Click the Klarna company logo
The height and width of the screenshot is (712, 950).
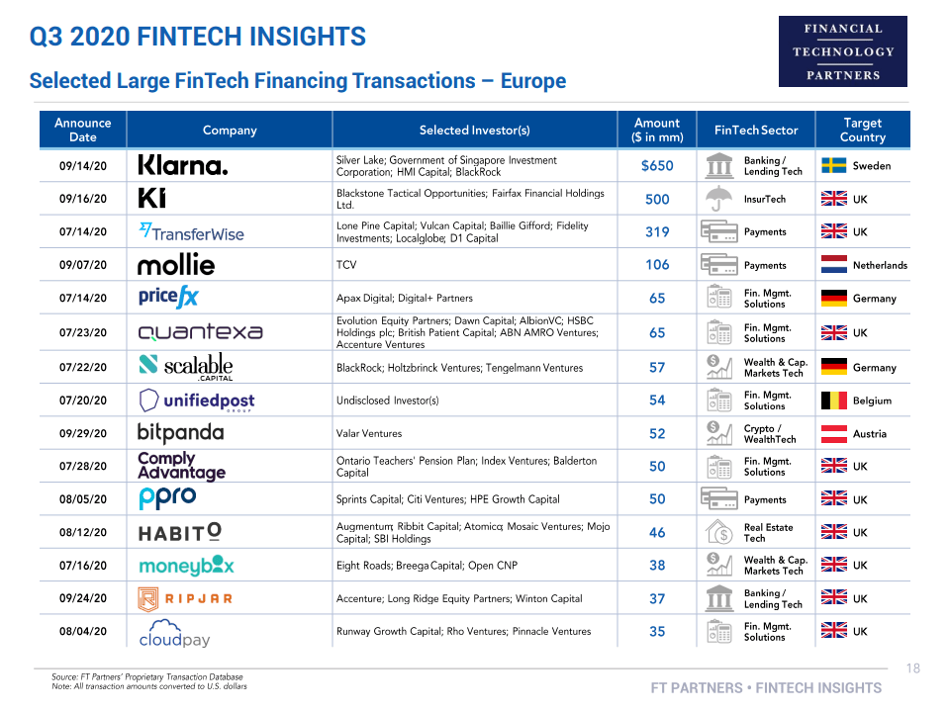tap(183, 165)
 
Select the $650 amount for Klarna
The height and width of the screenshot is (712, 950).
tap(657, 166)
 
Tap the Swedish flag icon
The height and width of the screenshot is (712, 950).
tap(833, 165)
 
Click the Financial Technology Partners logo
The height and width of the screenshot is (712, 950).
tap(842, 51)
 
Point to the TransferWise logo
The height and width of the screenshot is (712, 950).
tap(191, 231)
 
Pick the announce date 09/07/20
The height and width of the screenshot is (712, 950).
tap(83, 265)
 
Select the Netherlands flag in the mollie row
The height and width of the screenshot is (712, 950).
tap(833, 265)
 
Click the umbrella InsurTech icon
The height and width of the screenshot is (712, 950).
tap(718, 199)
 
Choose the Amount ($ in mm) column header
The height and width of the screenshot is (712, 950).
tap(657, 130)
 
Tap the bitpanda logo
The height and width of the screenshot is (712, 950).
tap(180, 433)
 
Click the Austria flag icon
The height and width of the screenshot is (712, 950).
tap(833, 433)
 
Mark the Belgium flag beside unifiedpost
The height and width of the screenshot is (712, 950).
tap(833, 400)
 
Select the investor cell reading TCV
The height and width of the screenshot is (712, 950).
tap(347, 265)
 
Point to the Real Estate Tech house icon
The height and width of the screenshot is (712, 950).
tap(718, 533)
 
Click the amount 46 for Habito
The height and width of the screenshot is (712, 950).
tap(657, 533)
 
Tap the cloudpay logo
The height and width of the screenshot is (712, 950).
tap(175, 632)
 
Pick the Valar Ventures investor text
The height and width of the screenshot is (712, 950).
tap(369, 433)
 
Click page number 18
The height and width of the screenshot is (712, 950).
tap(912, 668)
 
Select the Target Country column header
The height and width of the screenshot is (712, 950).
tap(862, 130)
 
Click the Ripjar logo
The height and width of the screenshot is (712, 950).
tap(185, 598)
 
